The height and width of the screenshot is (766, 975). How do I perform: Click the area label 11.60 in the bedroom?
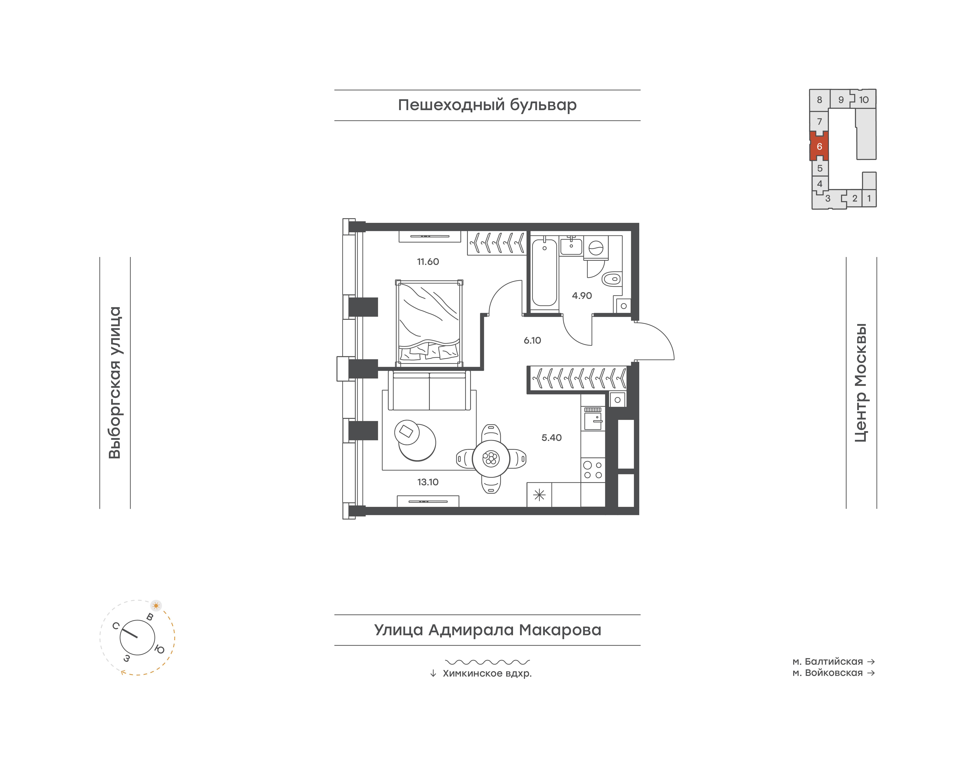tap(428, 261)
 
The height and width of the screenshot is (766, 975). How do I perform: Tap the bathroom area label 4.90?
tap(582, 296)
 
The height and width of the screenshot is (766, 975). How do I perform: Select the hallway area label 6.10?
tap(532, 340)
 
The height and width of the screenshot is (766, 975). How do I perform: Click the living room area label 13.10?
tap(428, 482)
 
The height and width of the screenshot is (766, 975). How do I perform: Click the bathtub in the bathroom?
tap(544, 273)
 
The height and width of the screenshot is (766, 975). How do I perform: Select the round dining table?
tap(491, 458)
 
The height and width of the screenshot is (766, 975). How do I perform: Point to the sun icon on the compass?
tap(156, 605)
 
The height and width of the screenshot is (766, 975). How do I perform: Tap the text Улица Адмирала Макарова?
tap(487, 630)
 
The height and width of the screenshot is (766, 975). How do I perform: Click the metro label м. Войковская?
tap(827, 673)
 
